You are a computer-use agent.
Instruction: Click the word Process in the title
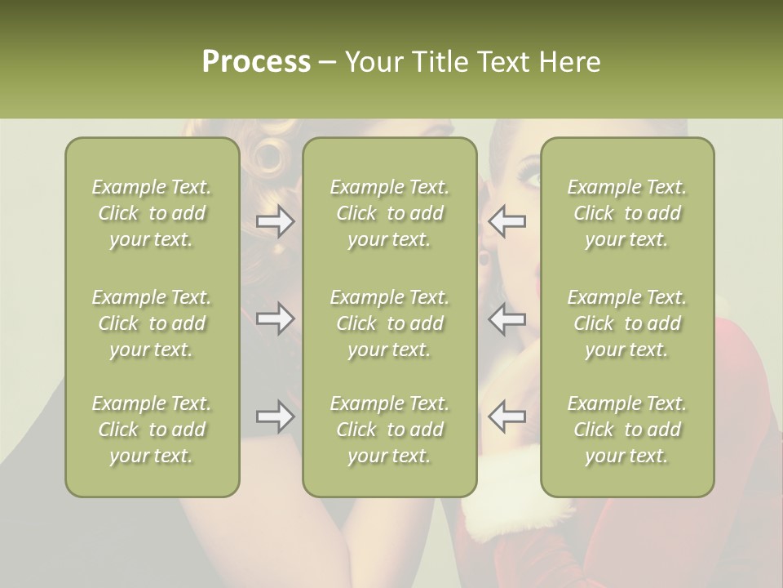tap(256, 62)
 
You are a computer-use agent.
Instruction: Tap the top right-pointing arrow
tap(275, 221)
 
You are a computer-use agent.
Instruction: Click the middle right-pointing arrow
tap(275, 318)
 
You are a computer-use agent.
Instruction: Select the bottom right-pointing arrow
tap(275, 416)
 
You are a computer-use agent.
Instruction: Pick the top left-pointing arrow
tap(507, 221)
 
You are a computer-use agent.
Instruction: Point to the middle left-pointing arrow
tap(507, 318)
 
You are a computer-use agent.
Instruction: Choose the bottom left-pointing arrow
tap(507, 416)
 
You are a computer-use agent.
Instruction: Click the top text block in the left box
tap(152, 213)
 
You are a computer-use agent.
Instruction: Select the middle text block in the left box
tap(152, 323)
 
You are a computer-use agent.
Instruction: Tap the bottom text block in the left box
tap(152, 430)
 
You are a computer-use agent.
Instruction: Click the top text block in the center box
tap(389, 213)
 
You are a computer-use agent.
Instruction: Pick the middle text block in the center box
tap(389, 323)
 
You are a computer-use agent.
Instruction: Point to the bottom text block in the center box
tap(389, 430)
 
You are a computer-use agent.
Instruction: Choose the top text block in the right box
tap(627, 213)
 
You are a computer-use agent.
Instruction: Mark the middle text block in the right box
tap(627, 323)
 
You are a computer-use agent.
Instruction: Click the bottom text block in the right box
tap(627, 430)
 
